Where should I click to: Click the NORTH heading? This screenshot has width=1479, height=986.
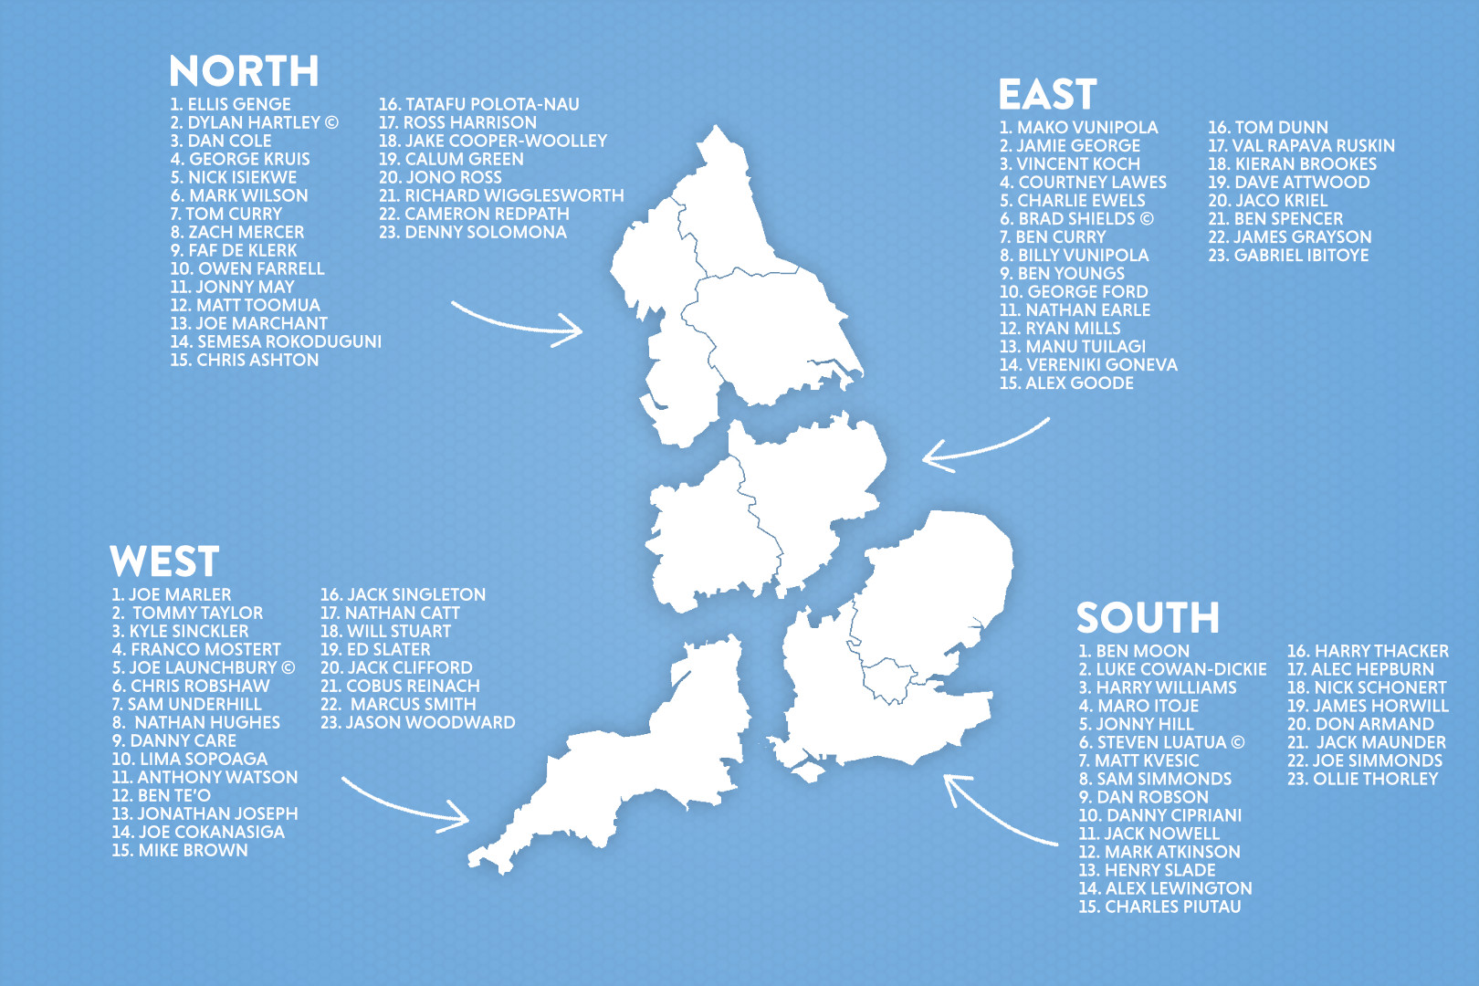pos(244,71)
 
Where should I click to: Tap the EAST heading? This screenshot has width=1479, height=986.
pos(1047,95)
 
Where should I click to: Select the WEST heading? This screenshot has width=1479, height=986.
pos(164,561)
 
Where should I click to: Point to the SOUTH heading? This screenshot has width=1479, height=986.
pos(1148,618)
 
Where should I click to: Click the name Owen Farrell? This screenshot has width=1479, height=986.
pos(247,268)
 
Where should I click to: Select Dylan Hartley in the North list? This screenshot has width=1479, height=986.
pos(254,122)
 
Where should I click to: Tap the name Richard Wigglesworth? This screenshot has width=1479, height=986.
pos(501,195)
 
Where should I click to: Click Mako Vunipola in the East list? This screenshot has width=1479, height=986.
pos(1078,128)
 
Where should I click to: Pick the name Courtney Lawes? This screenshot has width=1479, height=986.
pos(1083,183)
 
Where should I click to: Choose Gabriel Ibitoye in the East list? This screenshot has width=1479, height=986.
pos(1288,256)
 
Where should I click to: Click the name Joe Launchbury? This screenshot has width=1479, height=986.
pos(203,667)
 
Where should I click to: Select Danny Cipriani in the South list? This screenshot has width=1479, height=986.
pos(1159,815)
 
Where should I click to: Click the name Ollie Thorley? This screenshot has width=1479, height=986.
pos(1362,779)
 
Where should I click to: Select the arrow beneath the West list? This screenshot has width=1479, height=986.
pos(406,804)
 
